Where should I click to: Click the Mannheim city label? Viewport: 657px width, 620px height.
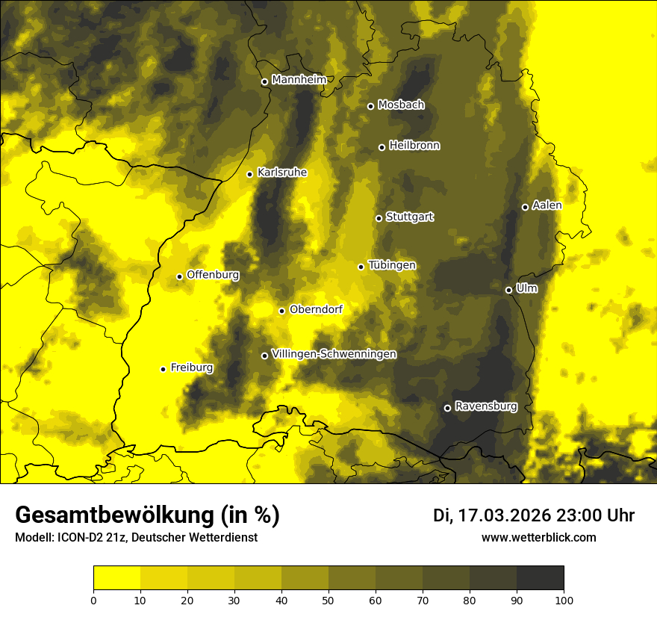(299, 80)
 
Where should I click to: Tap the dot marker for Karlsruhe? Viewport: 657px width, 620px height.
(250, 174)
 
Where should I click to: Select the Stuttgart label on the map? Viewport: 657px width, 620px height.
(409, 217)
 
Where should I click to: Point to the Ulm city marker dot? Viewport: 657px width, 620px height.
(509, 290)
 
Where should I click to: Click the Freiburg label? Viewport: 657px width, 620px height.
(191, 368)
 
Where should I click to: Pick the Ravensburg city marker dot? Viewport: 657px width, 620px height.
(448, 408)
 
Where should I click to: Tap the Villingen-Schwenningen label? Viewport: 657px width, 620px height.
(334, 354)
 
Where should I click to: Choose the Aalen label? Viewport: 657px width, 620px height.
(547, 205)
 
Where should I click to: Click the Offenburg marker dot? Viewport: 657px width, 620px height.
(180, 276)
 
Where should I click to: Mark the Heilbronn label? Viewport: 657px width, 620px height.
(414, 146)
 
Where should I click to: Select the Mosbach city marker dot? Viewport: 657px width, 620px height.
(370, 106)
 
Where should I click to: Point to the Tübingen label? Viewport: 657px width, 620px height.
(392, 265)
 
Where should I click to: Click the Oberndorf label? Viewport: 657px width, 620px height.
(316, 309)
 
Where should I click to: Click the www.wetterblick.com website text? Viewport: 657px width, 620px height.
(538, 537)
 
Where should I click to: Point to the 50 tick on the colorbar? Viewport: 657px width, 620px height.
(328, 599)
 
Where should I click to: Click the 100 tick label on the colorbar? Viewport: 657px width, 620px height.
(564, 599)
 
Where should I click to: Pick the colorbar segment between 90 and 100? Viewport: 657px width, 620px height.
(540, 578)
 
